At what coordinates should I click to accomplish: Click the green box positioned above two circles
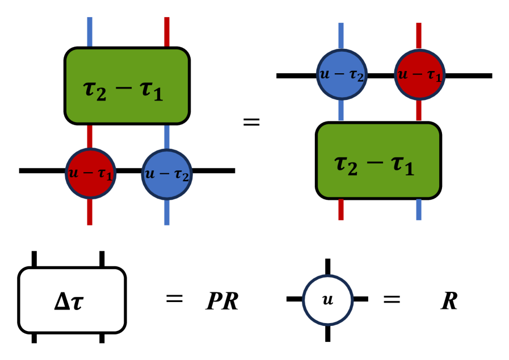(127, 86)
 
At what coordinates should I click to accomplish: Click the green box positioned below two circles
(378, 161)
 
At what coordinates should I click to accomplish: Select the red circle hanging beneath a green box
(90, 174)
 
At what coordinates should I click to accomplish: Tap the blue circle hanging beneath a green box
(167, 174)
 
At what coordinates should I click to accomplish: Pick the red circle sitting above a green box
(419, 74)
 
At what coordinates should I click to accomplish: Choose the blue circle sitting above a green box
(342, 74)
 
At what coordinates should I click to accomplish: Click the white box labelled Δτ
(72, 300)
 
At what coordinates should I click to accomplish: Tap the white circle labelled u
(328, 300)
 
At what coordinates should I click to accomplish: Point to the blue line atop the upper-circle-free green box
(90, 32)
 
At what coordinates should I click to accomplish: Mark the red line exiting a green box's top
(167, 32)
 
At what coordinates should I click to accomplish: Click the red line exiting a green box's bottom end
(341, 209)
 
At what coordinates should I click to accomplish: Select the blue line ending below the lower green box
(419, 209)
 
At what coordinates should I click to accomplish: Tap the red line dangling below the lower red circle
(90, 212)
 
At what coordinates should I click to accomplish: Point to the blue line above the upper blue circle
(341, 36)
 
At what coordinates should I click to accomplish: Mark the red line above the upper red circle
(419, 36)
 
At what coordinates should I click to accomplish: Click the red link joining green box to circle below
(90, 136)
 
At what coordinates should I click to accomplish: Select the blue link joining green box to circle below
(167, 137)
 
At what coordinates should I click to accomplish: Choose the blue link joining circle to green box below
(341, 111)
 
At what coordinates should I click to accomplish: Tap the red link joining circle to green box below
(419, 111)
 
